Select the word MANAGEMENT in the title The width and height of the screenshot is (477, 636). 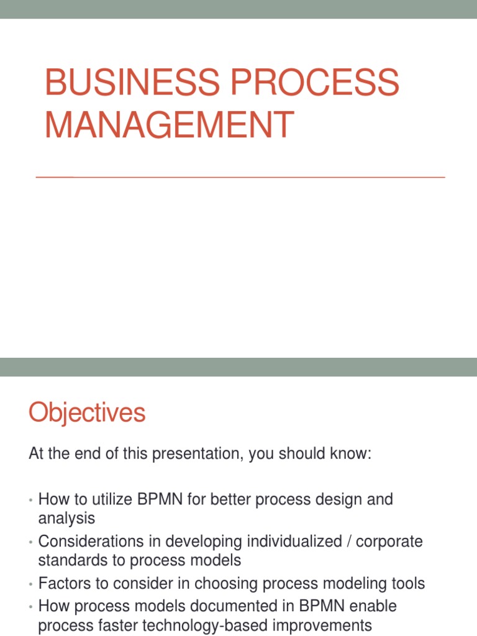coord(169,124)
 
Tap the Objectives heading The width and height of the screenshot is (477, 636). coord(87,413)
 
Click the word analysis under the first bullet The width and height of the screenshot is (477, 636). coord(67,517)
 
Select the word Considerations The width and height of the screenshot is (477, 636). coord(92,542)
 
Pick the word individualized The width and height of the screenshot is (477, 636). coord(299,542)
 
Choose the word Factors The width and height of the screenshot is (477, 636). coord(63,584)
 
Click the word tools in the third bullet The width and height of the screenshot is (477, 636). coord(407,584)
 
